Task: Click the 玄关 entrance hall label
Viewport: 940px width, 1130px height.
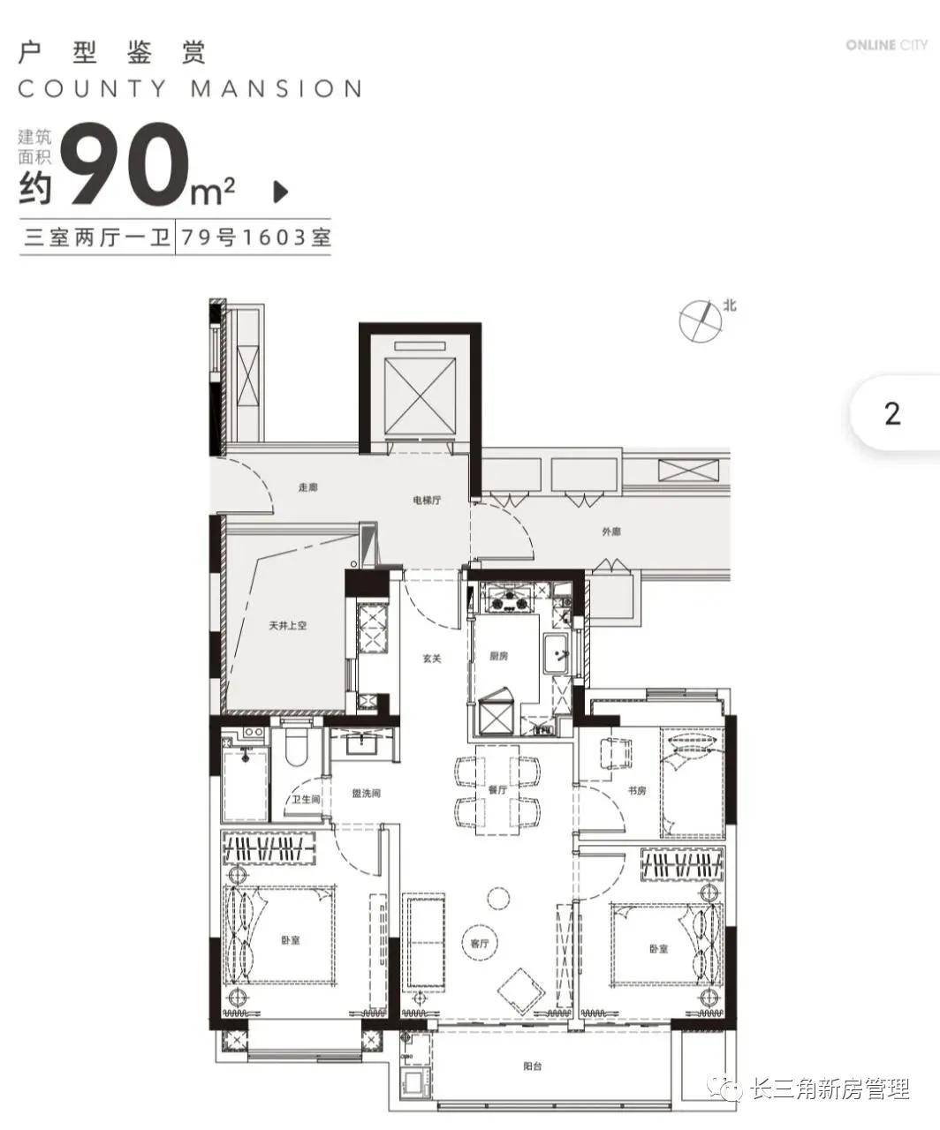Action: pos(431,659)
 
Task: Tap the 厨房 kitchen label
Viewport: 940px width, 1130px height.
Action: pos(498,656)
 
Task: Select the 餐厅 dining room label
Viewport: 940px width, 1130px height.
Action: pos(497,789)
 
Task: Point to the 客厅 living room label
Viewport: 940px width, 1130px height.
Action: pos(479,944)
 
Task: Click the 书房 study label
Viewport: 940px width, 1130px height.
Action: pos(637,791)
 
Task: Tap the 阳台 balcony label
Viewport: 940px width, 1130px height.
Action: pos(532,1066)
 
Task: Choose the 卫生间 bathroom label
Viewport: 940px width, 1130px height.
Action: pos(306,799)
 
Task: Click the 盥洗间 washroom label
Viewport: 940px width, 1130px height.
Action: pos(366,794)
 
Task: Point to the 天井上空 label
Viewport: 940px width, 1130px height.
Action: pos(287,626)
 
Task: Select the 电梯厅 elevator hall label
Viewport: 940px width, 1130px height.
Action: pos(427,500)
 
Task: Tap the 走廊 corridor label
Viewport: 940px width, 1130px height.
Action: pos(307,487)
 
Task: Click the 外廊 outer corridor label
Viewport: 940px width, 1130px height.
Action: pos(611,531)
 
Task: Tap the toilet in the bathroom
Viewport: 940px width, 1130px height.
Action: pos(296,745)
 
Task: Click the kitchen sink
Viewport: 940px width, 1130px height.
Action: pos(556,654)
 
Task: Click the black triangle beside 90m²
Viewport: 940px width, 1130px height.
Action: pos(280,192)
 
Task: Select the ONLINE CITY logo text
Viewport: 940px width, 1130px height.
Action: pos(887,45)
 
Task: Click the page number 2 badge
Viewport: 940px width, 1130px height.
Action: pos(893,414)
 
